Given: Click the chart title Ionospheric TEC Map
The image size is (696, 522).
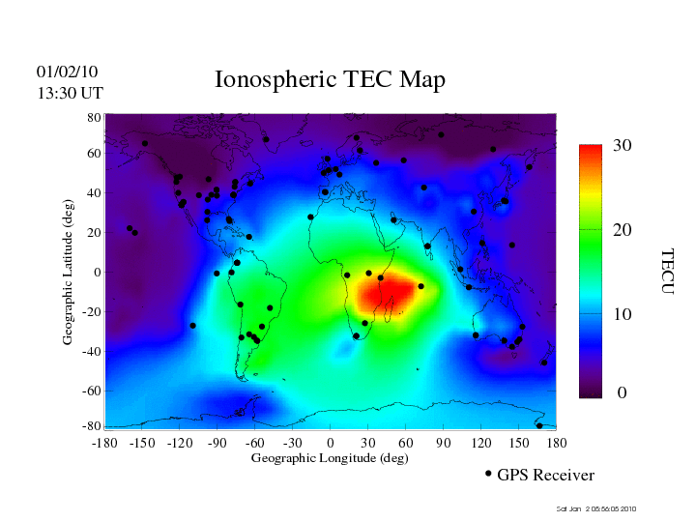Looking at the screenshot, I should tap(330, 80).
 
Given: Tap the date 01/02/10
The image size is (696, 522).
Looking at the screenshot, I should tap(67, 72).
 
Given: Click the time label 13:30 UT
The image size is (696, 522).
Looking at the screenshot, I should tap(70, 93).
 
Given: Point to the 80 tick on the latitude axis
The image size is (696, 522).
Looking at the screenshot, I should tap(95, 117).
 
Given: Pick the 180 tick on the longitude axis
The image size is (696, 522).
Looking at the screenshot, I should tap(557, 443).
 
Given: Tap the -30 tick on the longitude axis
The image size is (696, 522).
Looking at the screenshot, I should tap(291, 443).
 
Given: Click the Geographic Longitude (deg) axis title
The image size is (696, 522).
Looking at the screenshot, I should tap(330, 458).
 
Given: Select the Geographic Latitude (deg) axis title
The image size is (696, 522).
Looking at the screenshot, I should tap(69, 278).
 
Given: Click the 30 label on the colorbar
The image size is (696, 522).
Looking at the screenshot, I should tap(622, 146).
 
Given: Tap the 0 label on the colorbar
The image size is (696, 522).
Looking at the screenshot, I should tap(623, 393).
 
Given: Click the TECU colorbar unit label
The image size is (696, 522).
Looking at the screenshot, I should tap(667, 272).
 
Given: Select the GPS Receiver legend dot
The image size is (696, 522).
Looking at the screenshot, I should tap(488, 474).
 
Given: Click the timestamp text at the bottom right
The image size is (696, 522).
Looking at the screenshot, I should tap(596, 508).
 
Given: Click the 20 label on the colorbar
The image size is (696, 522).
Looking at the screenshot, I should tap(623, 232).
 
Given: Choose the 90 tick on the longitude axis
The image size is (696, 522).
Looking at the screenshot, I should tap(444, 443).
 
